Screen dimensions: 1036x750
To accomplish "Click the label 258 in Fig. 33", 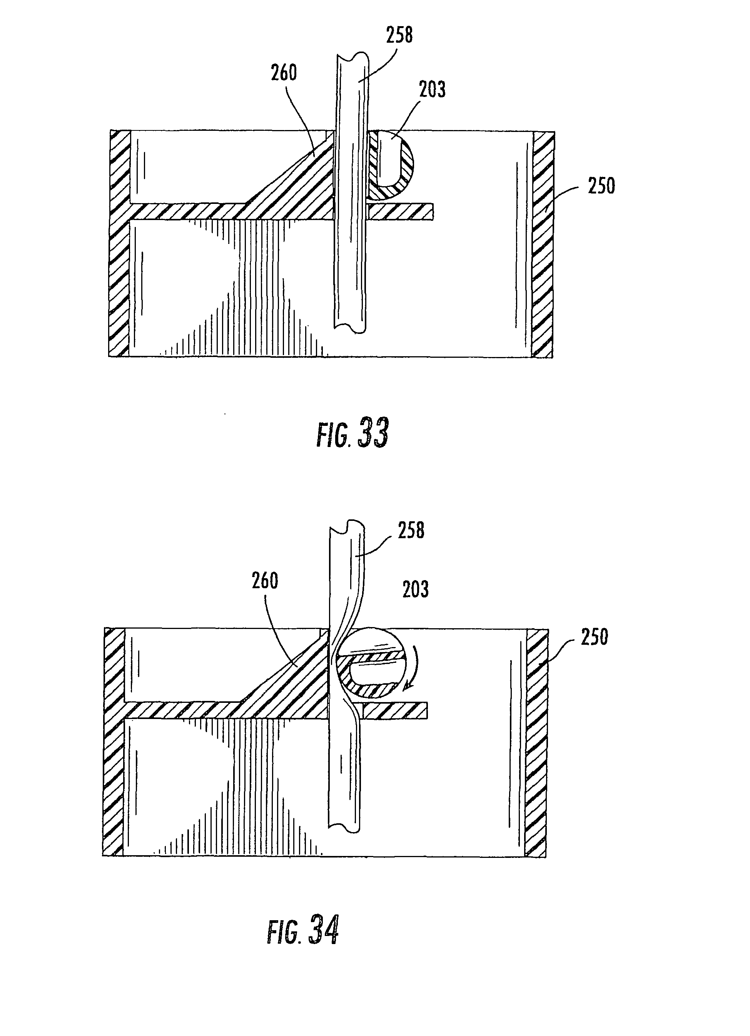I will coord(399,35).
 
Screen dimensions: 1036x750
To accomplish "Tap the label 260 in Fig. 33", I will coord(284,73).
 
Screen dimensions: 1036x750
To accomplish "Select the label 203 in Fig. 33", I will coord(432,90).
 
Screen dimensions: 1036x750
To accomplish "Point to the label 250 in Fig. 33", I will coord(601,186).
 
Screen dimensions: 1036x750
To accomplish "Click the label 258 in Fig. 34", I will coord(411,531).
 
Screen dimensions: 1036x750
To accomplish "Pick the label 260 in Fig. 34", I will coord(265,581).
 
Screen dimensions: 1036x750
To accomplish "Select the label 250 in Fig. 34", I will coord(594,637).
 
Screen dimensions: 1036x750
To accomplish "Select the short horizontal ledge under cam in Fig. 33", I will coord(400,212).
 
